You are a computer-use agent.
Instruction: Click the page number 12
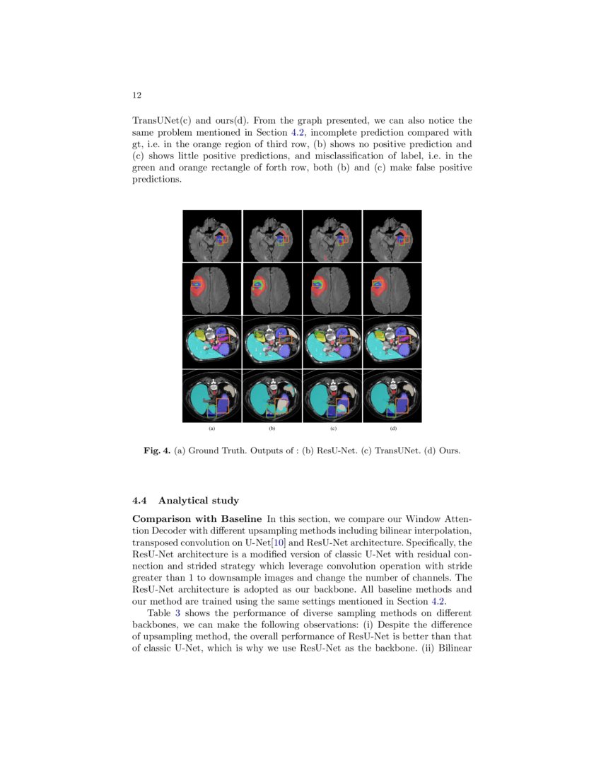coord(137,95)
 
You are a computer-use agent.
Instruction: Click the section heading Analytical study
coord(199,501)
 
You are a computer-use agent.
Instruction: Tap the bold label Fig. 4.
coord(157,450)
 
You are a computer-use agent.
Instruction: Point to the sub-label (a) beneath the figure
coord(211,429)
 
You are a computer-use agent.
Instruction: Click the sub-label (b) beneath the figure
coord(272,429)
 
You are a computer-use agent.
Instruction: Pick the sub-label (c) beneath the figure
coord(332,429)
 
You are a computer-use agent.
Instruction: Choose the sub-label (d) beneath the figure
coord(392,429)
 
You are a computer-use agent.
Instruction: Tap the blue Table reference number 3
coord(177,612)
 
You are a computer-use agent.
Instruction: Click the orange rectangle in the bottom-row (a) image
coord(223,405)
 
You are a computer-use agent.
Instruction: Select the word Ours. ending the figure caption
coord(450,450)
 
